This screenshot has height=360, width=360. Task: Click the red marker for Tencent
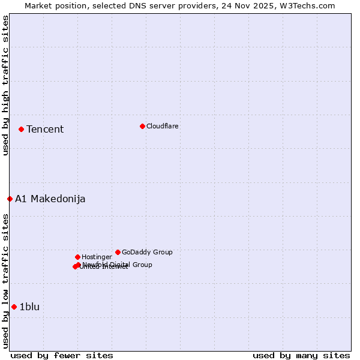[21, 129]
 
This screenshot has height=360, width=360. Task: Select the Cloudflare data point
[142, 126]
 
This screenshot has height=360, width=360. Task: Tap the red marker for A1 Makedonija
[10, 199]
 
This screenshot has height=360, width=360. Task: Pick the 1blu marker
[14, 307]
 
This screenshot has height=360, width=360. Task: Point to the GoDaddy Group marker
[118, 252]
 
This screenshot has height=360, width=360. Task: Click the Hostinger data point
[77, 257]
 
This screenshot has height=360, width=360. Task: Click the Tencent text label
[45, 129]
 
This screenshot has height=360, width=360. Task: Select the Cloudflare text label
[163, 126]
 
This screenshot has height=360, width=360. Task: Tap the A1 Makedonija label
[50, 199]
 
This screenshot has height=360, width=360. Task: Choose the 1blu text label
[29, 307]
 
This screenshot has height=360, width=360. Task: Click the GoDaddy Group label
[147, 252]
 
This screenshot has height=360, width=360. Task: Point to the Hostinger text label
[97, 257]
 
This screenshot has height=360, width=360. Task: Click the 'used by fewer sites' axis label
[62, 355]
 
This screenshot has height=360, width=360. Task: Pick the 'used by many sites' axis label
[301, 355]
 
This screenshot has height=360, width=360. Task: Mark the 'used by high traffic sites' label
[5, 85]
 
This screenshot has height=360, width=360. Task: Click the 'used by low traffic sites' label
[5, 280]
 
